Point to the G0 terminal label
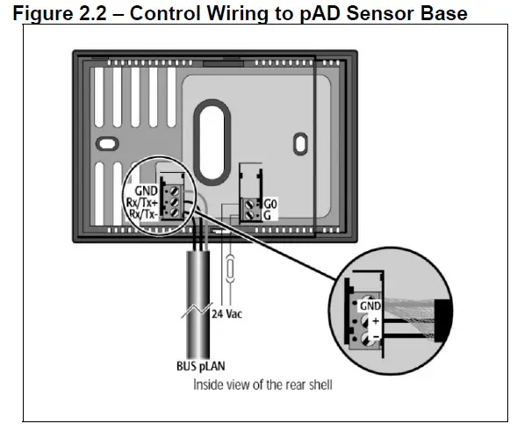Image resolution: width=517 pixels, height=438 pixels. [x=270, y=201]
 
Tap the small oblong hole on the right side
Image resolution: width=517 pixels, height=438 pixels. [x=298, y=142]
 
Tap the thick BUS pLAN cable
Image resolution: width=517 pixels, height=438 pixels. [x=194, y=290]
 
